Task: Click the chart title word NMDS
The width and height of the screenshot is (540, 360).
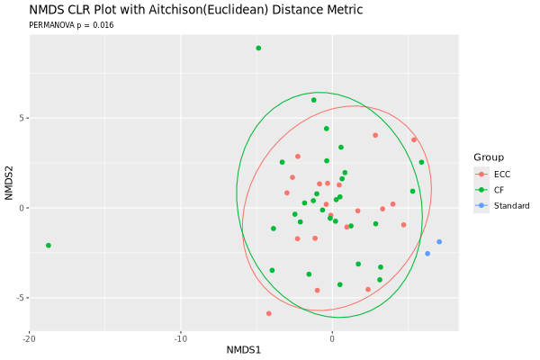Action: coord(44,10)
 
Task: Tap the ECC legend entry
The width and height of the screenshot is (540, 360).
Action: coord(492,175)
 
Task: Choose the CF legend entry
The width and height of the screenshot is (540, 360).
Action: coord(490,190)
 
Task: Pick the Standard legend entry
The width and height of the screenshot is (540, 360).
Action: coord(502,206)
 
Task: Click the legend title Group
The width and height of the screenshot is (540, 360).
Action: coord(489,157)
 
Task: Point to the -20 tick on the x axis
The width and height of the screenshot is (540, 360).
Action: coord(30,339)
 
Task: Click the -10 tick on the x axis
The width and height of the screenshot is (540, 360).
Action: coord(181,339)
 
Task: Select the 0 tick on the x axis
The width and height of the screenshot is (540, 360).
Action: coord(332,339)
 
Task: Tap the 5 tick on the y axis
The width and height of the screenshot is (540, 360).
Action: coord(22,118)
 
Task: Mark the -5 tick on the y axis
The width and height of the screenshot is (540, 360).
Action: coord(21,298)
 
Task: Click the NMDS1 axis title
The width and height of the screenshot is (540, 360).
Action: coord(244,350)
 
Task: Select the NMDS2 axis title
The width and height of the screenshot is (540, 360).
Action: coord(9,183)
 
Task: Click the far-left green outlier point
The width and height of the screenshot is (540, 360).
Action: coord(49,246)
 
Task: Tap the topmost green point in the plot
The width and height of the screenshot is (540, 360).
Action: coord(258,49)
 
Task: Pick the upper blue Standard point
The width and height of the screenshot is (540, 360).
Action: coord(439,242)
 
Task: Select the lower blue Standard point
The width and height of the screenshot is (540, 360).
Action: coord(427,254)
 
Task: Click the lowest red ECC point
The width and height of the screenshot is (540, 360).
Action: coord(269,313)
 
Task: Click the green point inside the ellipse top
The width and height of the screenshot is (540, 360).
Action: coord(314,100)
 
